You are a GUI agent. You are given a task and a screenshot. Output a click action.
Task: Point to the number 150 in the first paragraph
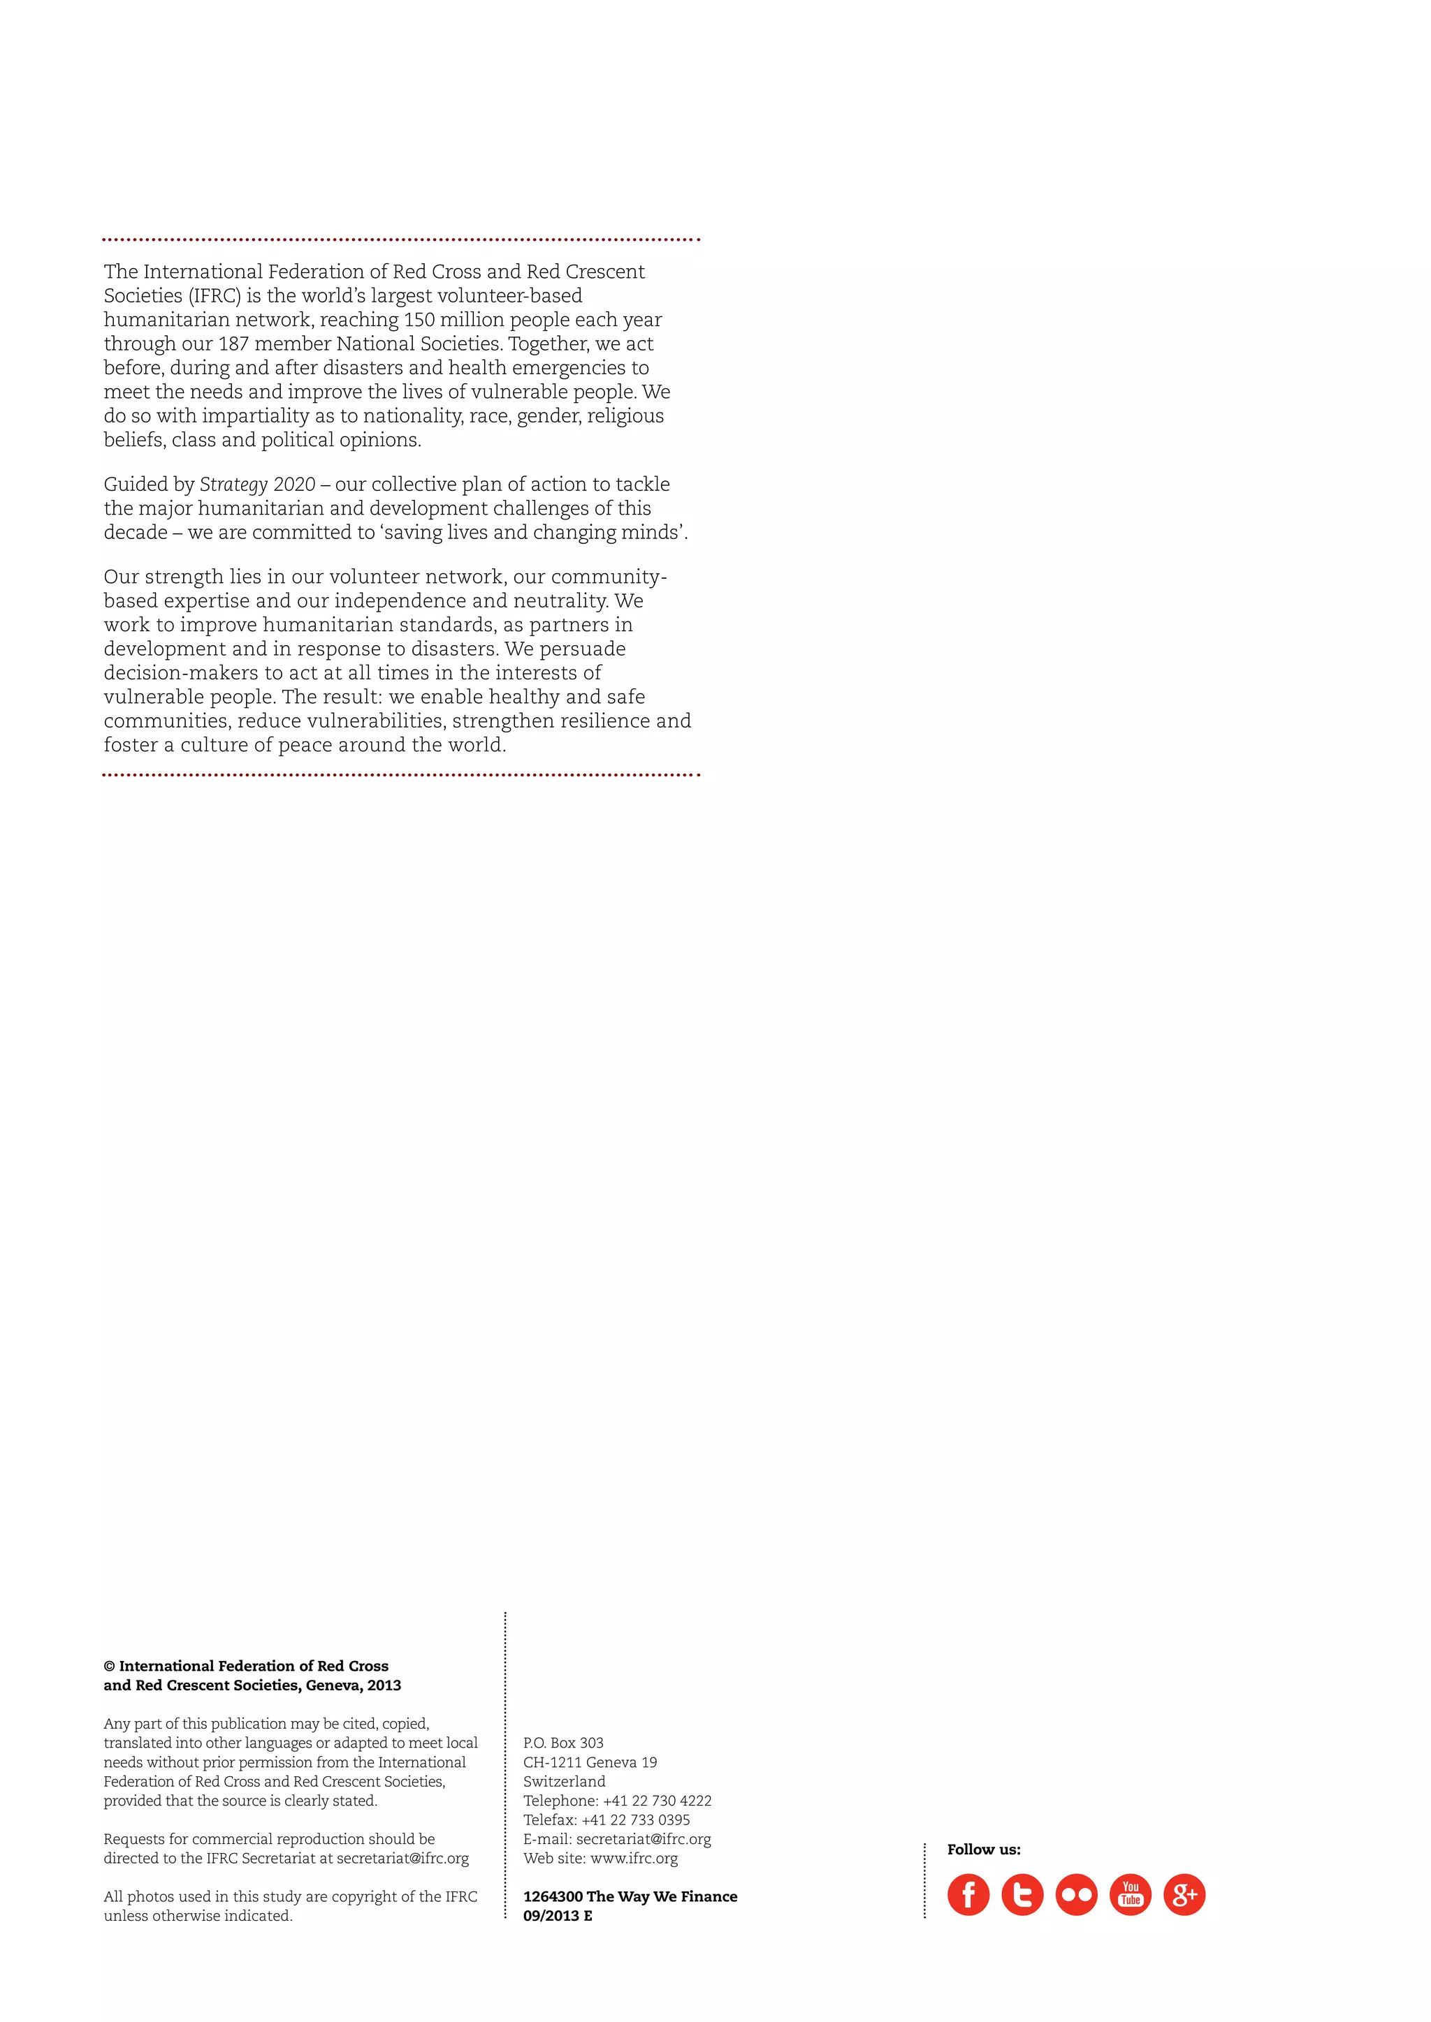419,320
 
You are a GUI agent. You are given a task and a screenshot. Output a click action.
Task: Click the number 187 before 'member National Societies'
233,344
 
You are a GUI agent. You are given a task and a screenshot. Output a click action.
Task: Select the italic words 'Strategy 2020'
257,485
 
